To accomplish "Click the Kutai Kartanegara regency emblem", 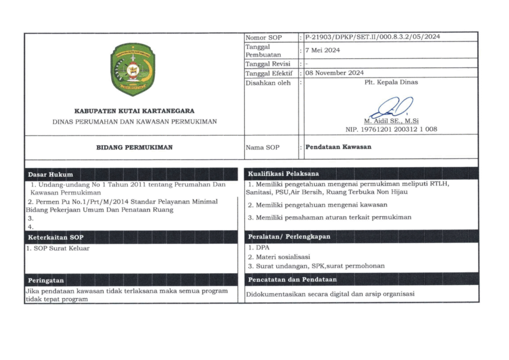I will coord(132,69).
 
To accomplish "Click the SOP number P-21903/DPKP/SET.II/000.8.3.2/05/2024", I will coord(372,37).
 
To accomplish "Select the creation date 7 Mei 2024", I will coord(322,50).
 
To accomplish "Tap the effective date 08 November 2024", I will coord(334,73).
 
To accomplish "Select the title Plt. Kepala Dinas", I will coord(391,82).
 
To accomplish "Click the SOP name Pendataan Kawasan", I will coord(339,147).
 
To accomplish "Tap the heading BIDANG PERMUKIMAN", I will coord(134,147).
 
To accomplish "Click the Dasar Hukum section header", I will coord(50,174).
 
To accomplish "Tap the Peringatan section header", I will coord(46,280).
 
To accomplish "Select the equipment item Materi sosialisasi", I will coord(279,257).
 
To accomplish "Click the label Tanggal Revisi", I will coord(268,64).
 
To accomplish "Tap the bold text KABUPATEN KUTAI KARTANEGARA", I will coord(134,111).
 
